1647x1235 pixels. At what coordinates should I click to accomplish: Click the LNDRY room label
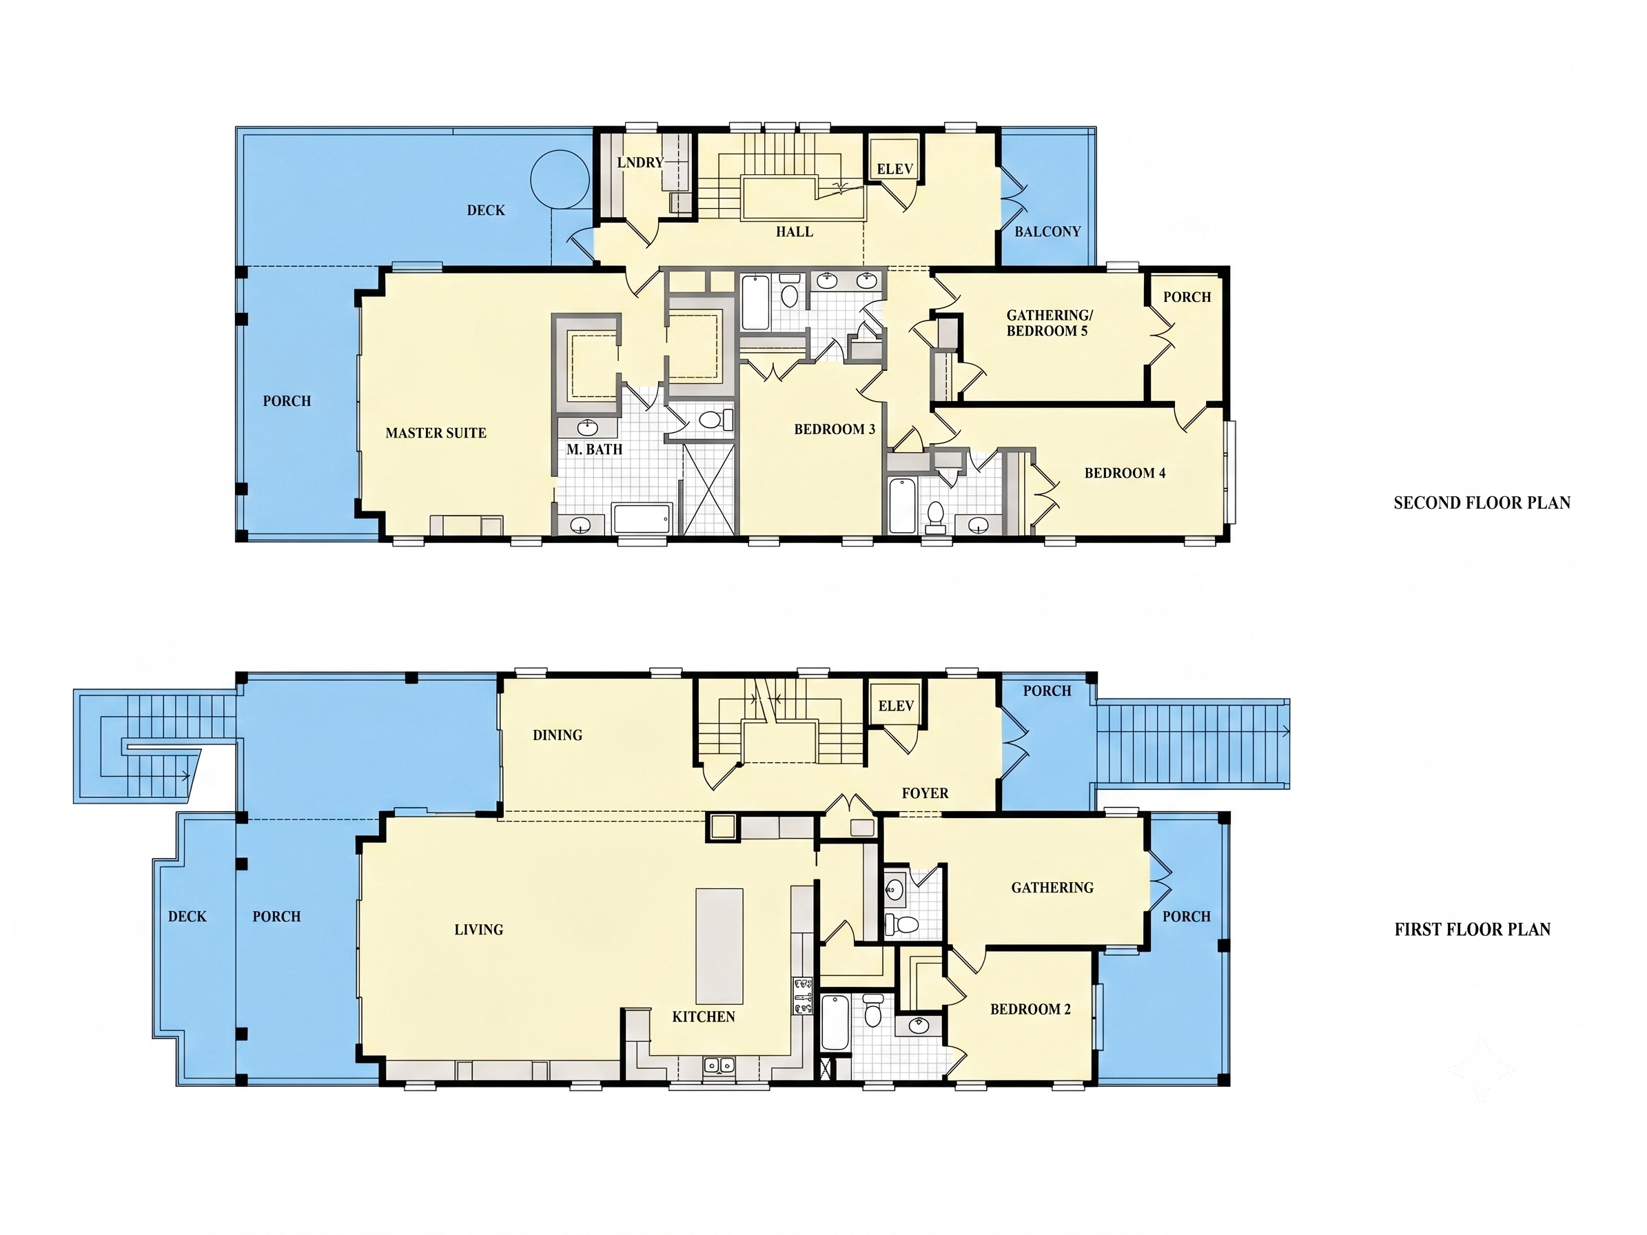640,162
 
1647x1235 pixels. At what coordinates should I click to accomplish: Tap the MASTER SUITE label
436,433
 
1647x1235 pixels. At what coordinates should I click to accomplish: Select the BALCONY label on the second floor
1047,232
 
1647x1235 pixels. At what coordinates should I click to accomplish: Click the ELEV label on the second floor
894,169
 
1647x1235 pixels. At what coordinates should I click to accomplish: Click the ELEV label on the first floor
895,706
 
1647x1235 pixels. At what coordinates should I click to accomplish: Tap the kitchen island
719,946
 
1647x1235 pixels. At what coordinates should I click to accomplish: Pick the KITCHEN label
703,1017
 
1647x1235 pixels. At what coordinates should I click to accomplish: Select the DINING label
557,735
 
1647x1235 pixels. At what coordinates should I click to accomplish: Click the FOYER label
925,793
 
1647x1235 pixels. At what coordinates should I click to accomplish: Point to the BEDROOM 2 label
1030,1010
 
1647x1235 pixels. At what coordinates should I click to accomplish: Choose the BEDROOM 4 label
1125,473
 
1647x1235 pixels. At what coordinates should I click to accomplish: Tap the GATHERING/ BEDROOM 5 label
1049,323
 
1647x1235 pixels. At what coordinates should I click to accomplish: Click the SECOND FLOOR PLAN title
1482,503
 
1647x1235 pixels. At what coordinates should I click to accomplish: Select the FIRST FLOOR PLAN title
1472,930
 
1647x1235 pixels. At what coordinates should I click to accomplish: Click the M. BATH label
594,449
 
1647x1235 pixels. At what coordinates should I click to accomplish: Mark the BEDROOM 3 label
834,429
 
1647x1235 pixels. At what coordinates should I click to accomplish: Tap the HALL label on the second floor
794,232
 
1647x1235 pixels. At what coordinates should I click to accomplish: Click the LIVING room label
478,930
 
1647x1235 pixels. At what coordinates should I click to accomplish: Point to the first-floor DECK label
187,917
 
